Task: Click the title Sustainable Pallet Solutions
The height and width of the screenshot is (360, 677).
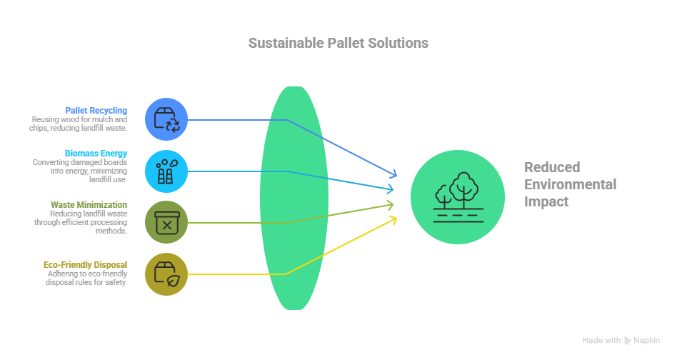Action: [x=338, y=43]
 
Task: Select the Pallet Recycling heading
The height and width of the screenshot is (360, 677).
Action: [x=96, y=111]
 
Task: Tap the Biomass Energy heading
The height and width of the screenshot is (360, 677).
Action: [x=96, y=154]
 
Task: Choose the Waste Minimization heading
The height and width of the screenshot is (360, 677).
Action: [x=89, y=204]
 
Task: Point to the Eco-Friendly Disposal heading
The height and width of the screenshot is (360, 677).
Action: [x=85, y=264]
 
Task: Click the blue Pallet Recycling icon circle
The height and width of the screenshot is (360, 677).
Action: [x=166, y=119]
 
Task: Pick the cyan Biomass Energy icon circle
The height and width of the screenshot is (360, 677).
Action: [x=166, y=171]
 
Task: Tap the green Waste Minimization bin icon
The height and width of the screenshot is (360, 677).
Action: [x=166, y=223]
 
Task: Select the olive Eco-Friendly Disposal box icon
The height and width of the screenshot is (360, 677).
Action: [x=167, y=274]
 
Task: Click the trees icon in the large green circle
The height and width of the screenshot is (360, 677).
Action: [x=458, y=197]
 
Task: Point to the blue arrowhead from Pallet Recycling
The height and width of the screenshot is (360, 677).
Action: [x=393, y=174]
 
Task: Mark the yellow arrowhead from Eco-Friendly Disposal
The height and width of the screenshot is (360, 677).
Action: [x=393, y=221]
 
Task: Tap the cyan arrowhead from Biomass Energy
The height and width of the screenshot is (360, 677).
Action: [x=389, y=189]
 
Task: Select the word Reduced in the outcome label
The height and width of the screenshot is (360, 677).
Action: [x=552, y=167]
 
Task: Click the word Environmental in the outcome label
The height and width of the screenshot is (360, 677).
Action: [x=571, y=184]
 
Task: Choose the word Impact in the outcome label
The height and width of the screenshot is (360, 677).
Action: [x=546, y=202]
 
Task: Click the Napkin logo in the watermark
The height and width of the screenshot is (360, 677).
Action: [x=627, y=341]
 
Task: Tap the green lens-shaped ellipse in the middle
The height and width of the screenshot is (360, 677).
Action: [x=294, y=198]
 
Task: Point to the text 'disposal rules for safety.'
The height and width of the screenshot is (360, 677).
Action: [x=86, y=282]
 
